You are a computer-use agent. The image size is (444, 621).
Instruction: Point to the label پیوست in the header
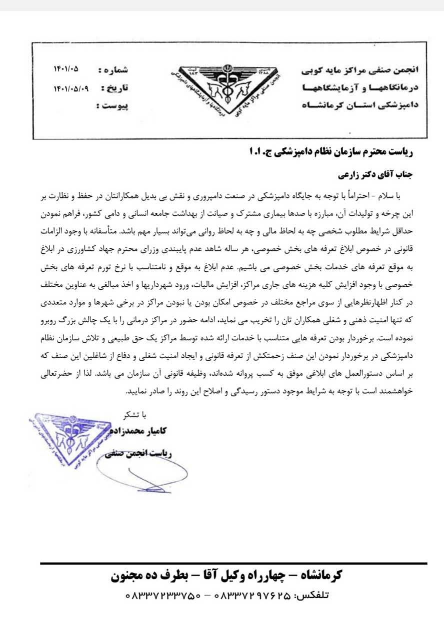click(115, 106)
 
